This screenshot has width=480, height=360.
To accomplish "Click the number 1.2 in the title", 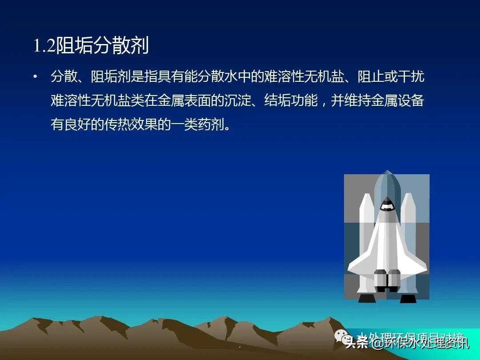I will click(44, 46).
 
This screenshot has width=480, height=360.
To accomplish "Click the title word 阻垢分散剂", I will click(102, 46).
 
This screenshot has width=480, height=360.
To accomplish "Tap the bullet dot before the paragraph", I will click(35, 77).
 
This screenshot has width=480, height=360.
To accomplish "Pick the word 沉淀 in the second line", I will click(237, 101).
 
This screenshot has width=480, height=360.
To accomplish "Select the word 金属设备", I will click(397, 101).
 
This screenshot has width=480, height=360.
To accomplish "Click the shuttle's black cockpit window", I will click(387, 205).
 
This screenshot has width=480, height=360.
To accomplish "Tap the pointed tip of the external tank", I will click(387, 173).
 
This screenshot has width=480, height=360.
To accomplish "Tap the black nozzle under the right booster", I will click(408, 298).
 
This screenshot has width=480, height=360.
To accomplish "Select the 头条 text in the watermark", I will click(356, 343).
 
